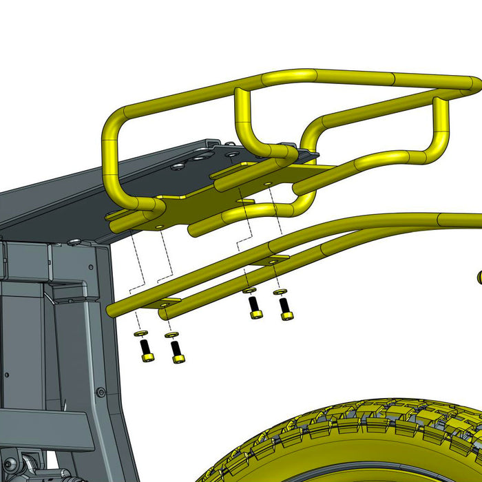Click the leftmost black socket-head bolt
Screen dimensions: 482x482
(147, 351)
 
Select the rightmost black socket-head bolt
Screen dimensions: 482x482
(286, 308)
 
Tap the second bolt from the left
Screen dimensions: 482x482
(177, 352)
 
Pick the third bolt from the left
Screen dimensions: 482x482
(255, 307)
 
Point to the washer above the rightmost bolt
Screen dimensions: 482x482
(280, 292)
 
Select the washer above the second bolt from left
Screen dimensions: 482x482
(171, 335)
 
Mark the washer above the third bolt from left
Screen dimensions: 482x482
(249, 291)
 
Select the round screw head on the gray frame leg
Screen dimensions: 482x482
(101, 392)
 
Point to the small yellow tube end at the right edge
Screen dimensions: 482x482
(478, 277)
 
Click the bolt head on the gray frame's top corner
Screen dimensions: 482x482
(74, 242)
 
